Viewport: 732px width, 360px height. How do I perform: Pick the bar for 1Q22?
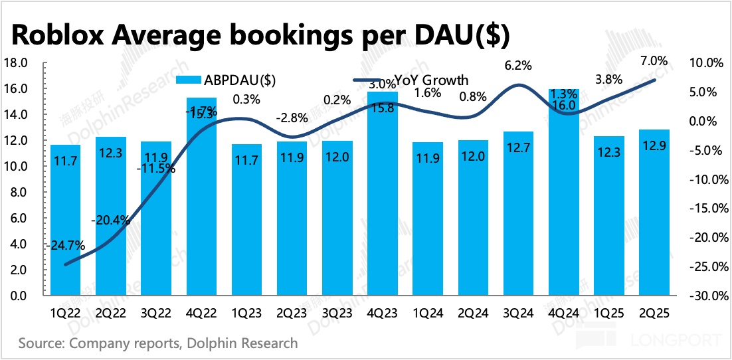[65, 220]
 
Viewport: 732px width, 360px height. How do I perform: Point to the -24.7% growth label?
[66, 245]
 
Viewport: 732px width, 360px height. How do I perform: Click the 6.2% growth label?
[519, 65]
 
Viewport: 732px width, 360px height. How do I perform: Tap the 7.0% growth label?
[654, 61]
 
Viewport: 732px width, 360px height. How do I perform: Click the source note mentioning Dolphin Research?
[158, 343]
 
